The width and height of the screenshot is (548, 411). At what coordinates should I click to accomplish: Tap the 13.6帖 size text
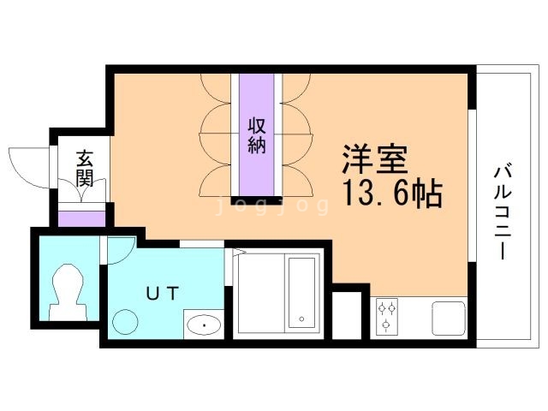392,194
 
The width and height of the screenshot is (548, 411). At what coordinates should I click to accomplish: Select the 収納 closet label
257,134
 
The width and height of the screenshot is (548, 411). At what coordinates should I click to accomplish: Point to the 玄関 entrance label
83,168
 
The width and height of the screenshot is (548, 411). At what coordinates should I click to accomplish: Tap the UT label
162,293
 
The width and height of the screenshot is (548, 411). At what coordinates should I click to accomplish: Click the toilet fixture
67,292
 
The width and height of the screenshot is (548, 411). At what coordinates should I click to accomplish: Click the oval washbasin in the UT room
204,326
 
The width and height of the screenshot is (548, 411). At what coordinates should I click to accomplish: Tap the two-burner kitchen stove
387,315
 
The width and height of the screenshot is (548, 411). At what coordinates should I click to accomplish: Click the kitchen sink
448,318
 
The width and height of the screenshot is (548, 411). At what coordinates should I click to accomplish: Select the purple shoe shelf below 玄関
82,217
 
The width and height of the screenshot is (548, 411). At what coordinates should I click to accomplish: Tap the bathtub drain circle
301,321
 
